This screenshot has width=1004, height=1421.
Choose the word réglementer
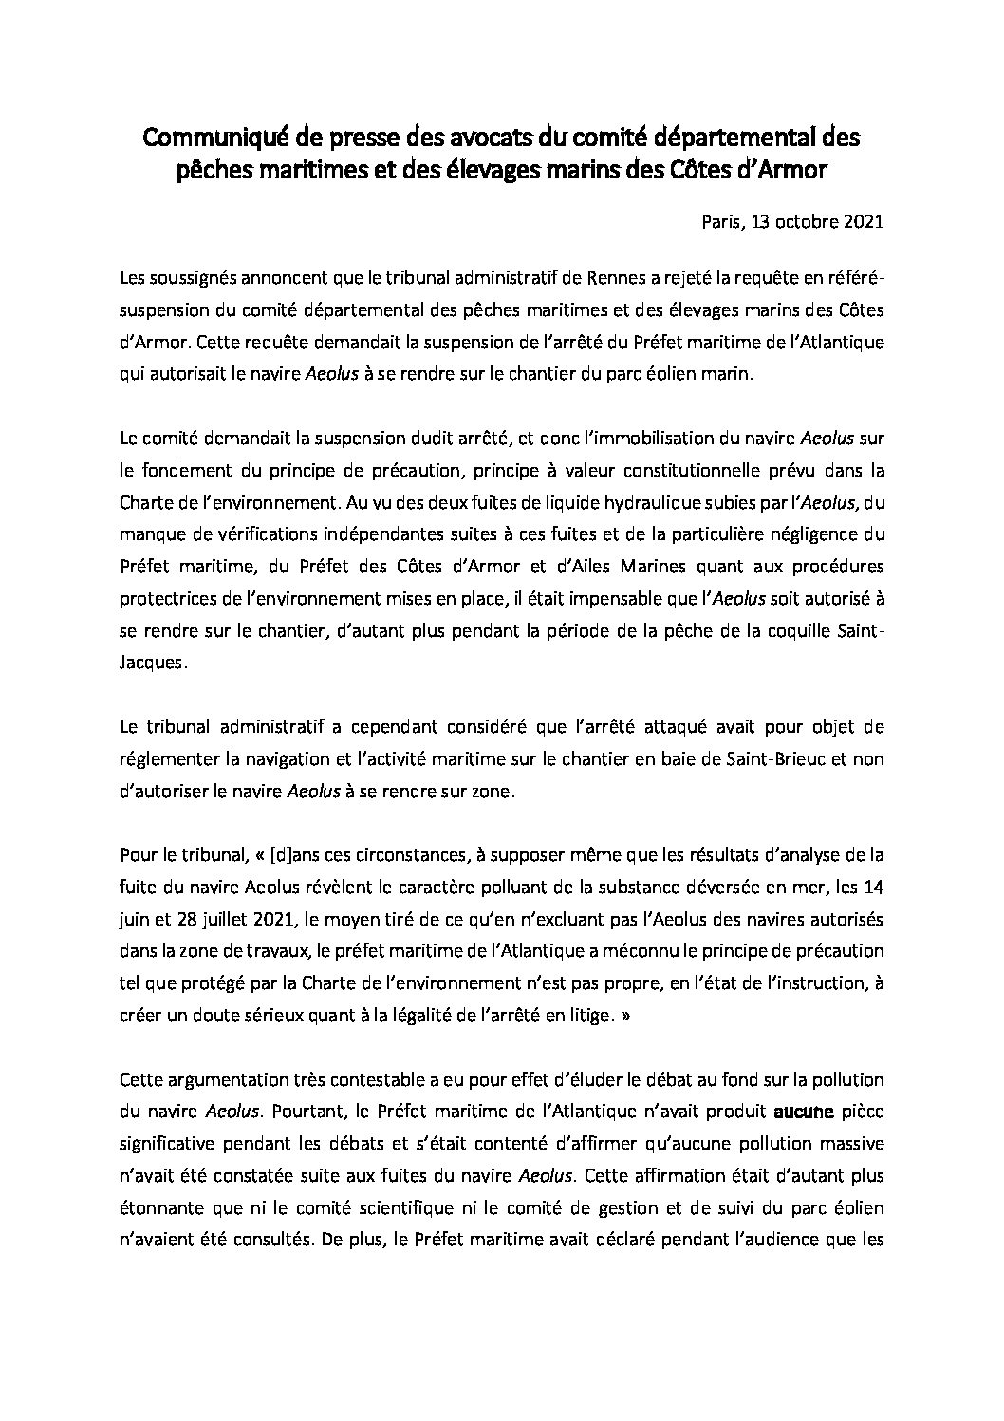(x=168, y=765)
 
